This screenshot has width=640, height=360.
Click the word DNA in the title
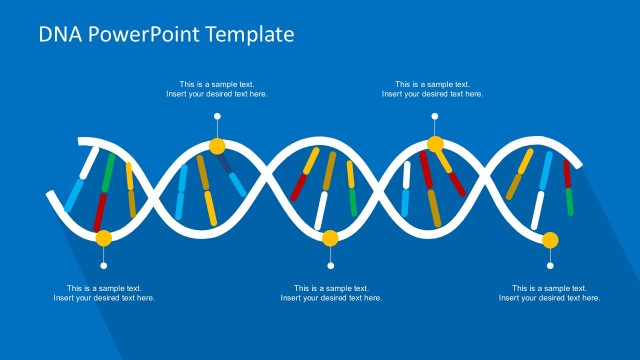[59, 34]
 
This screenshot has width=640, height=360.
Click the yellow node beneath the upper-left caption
[217, 147]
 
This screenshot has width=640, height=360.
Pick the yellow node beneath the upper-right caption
[435, 144]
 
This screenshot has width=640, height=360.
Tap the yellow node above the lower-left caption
[103, 238]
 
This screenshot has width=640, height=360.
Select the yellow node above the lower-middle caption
[331, 238]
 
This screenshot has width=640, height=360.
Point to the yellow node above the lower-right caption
[550, 239]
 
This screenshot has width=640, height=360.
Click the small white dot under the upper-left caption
[217, 117]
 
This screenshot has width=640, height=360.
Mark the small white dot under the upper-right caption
[435, 117]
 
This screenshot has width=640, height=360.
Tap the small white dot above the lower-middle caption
[331, 266]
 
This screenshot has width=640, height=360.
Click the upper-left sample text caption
[217, 89]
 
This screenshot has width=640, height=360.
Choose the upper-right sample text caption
[432, 89]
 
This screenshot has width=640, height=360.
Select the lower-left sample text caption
[104, 293]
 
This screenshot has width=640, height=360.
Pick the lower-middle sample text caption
[331, 293]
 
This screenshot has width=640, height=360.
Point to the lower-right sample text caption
[549, 293]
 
